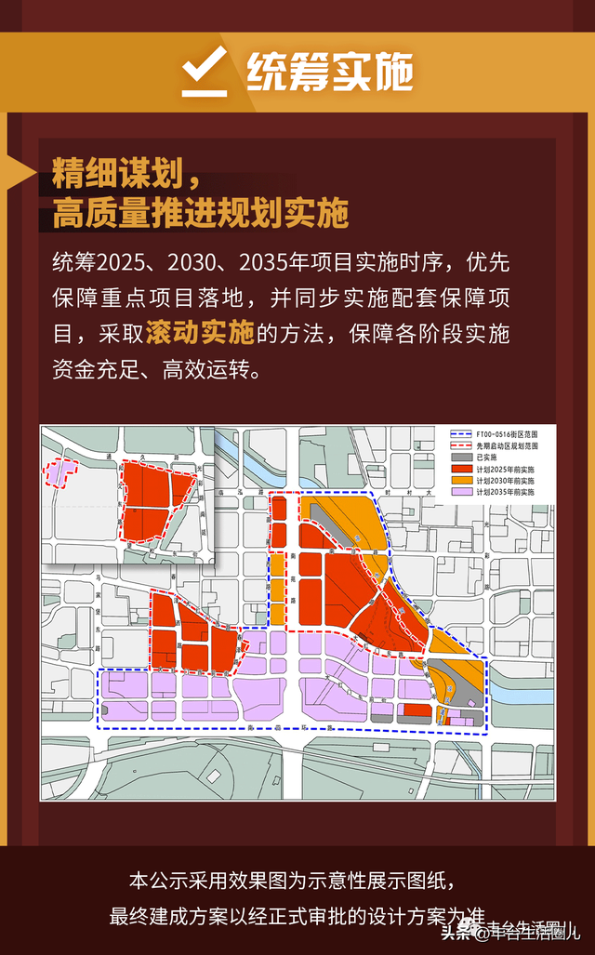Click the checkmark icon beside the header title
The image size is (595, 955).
[x=204, y=70]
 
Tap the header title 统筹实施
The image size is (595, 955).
[x=329, y=72]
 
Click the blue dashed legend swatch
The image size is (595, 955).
[x=460, y=434]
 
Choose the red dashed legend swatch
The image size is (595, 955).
[x=460, y=446]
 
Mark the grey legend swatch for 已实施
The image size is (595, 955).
[x=460, y=458]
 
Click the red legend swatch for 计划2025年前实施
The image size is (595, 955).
[x=460, y=469]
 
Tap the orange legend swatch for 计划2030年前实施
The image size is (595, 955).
[x=460, y=480]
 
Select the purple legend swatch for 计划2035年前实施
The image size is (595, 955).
[x=460, y=491]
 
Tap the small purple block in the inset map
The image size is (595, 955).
[x=58, y=471]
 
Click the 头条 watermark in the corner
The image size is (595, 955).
[x=456, y=931]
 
